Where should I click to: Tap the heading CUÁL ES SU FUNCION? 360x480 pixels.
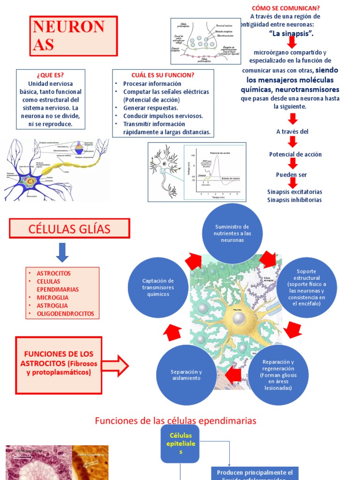coord(163,75)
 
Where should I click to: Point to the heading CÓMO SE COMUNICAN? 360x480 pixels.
coord(285,8)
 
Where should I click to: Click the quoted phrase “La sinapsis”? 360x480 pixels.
coord(292,33)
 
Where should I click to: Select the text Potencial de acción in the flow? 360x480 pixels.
coord(295,154)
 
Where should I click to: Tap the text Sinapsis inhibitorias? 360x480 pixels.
coord(294,200)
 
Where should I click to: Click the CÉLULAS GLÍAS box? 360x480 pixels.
coord(69,229)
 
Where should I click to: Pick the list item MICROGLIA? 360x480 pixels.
coord(52,297)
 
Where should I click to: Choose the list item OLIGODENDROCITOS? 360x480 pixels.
coord(65,314)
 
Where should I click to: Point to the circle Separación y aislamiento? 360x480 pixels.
coord(186,375)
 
